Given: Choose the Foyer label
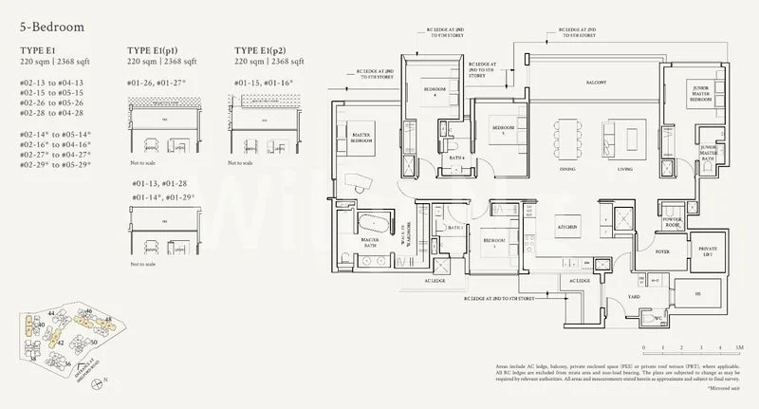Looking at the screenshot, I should tap(660, 252).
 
